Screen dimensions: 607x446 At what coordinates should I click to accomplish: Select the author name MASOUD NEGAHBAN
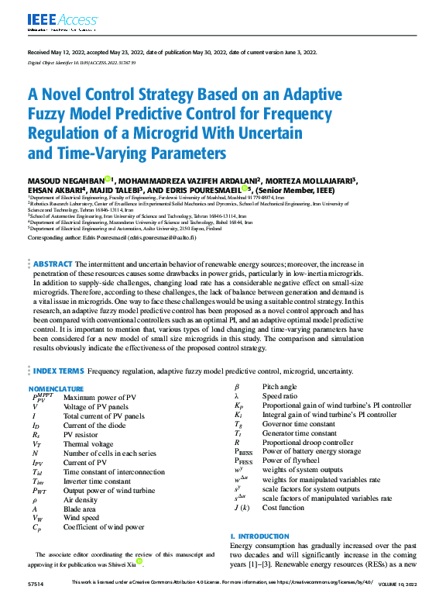click(65, 181)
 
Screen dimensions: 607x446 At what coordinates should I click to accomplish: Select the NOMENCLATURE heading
click(56, 388)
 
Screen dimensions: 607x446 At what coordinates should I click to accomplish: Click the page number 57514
click(36, 602)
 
